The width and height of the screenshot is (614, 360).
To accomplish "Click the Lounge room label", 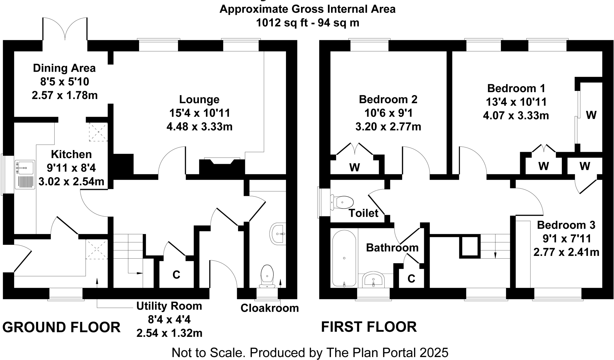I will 199,99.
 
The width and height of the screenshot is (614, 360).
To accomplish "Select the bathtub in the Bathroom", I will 344,258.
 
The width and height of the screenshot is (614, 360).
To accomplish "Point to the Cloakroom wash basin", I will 278,234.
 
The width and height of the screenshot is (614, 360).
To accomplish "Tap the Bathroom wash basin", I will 373,280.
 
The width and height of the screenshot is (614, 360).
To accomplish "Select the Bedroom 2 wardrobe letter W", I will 355,167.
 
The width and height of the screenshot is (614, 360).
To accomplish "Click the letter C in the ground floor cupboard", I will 176,274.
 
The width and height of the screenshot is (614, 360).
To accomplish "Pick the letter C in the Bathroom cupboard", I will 411,279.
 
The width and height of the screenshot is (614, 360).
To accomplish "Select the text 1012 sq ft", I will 282,23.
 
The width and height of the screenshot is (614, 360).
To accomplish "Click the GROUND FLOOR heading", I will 61,327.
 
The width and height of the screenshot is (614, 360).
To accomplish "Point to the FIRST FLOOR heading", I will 369,327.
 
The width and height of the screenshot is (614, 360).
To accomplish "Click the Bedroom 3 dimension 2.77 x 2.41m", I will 566,252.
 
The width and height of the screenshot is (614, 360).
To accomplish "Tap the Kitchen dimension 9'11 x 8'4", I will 71,168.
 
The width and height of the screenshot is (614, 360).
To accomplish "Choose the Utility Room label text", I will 169,306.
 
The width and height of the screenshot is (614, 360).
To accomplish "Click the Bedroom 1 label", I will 516,88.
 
